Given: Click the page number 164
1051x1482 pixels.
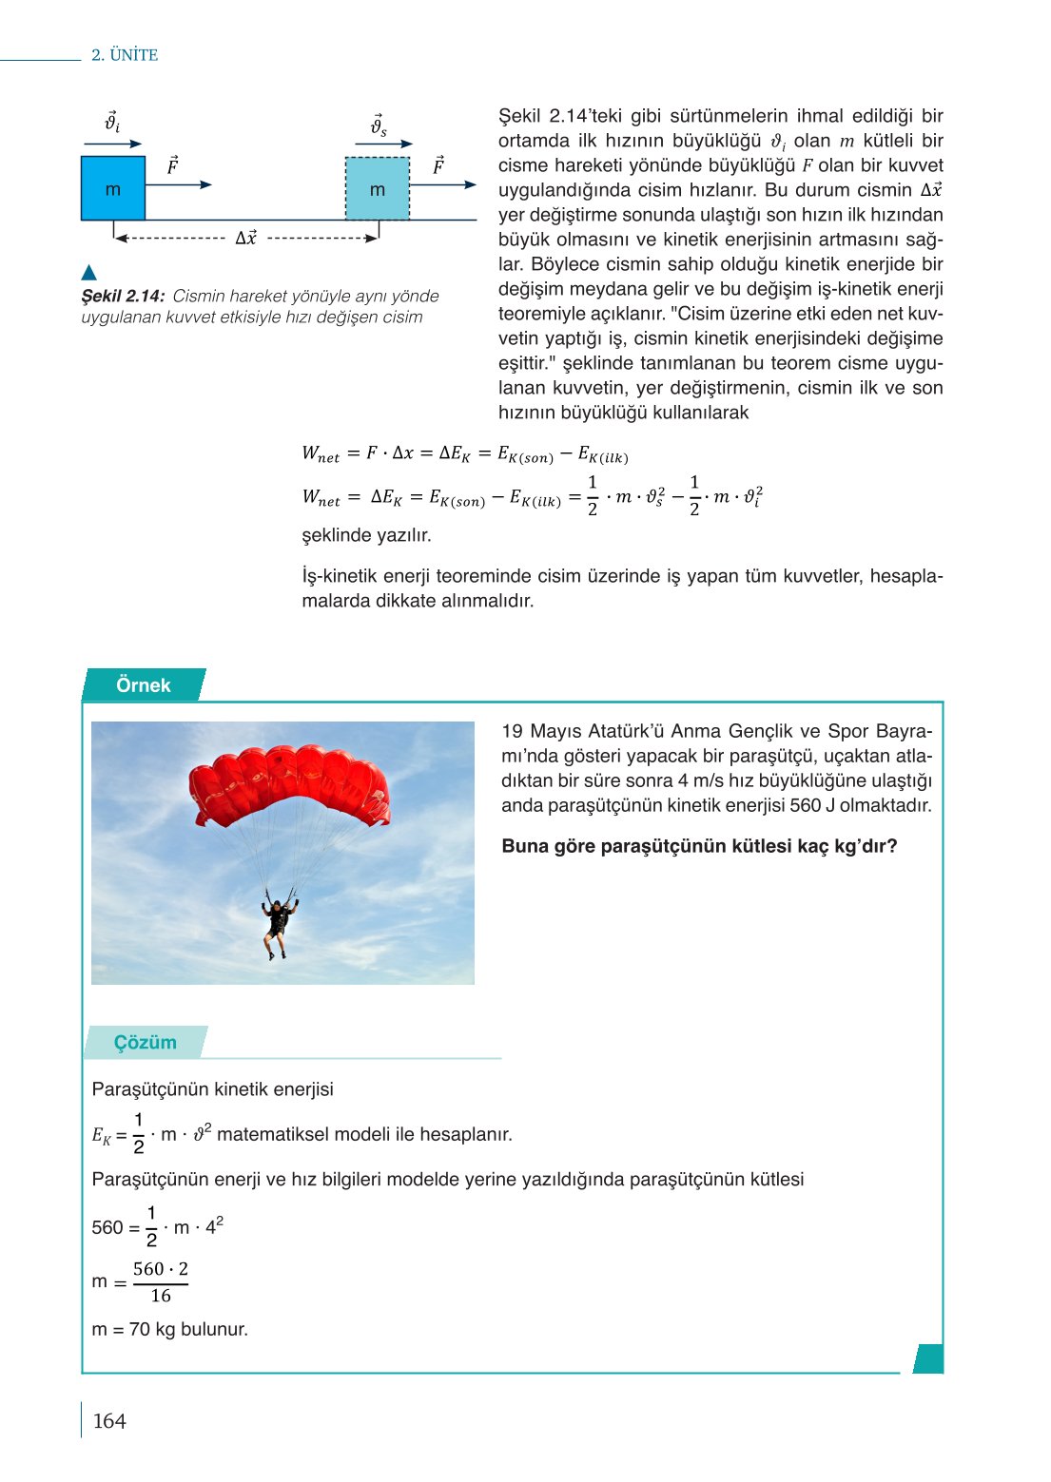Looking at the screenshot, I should point(109,1420).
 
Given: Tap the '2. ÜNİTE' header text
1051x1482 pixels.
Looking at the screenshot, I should point(125,55).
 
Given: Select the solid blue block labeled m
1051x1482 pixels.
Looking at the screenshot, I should point(113,188).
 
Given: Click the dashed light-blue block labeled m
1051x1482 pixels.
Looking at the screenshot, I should point(378,189).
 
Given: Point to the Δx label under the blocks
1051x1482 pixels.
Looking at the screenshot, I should point(245,238).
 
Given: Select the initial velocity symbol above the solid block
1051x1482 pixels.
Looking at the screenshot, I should point(111,123).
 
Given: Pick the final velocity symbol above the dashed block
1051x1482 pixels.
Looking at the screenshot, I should point(379,125).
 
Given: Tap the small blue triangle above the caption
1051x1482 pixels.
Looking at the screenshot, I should point(89,273).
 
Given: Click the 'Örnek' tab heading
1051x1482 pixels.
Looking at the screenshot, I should point(143,685).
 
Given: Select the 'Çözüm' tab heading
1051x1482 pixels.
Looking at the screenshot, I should point(145,1043).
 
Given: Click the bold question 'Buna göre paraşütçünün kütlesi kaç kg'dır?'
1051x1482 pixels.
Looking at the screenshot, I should point(699,846).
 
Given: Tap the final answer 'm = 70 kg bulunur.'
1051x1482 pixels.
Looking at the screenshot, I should point(169,1329).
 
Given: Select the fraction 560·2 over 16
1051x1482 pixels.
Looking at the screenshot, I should point(160,1282).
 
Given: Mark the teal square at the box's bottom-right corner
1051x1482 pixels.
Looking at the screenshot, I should point(928,1358).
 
